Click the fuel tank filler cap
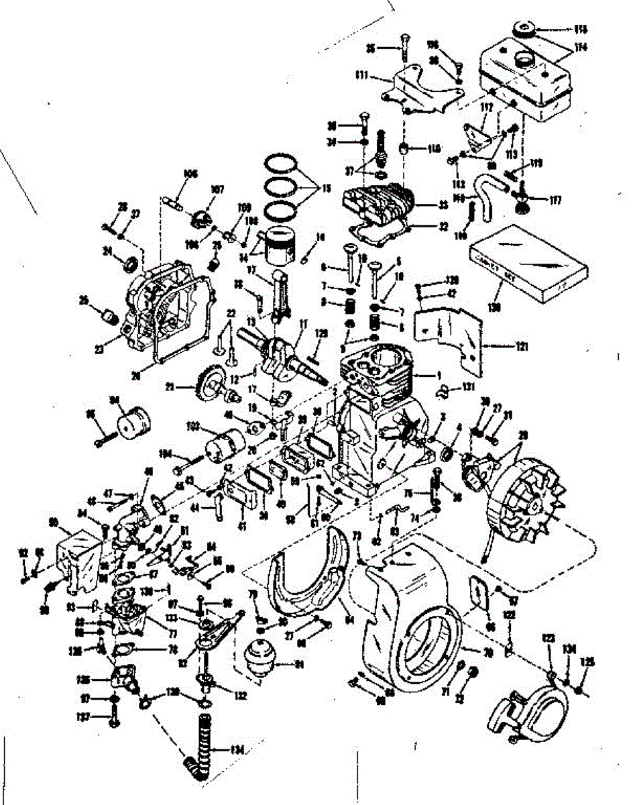point(524,30)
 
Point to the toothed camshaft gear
point(202,384)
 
